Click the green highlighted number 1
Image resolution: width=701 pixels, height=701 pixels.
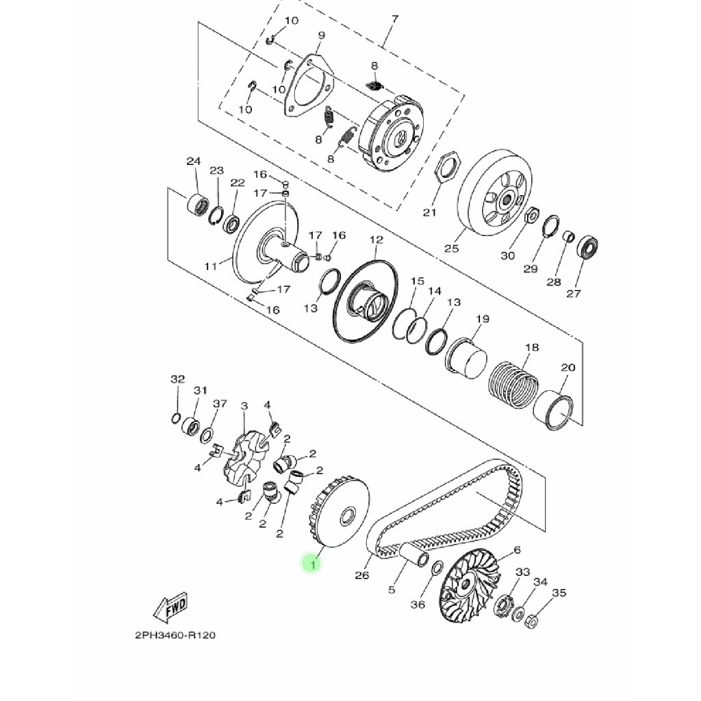pos(313,565)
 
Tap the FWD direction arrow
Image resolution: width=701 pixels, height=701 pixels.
pos(171,605)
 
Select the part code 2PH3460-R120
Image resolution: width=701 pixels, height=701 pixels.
pos(170,635)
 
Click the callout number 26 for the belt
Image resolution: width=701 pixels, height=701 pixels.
pos(361,575)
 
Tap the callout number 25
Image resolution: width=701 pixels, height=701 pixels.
pos(451,248)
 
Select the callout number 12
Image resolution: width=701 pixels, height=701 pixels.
pos(377,240)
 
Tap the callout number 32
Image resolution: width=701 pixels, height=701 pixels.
pos(177,379)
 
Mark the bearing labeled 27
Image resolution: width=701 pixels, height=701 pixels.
pos(587,246)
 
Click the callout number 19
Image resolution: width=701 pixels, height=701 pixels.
pos(483,319)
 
